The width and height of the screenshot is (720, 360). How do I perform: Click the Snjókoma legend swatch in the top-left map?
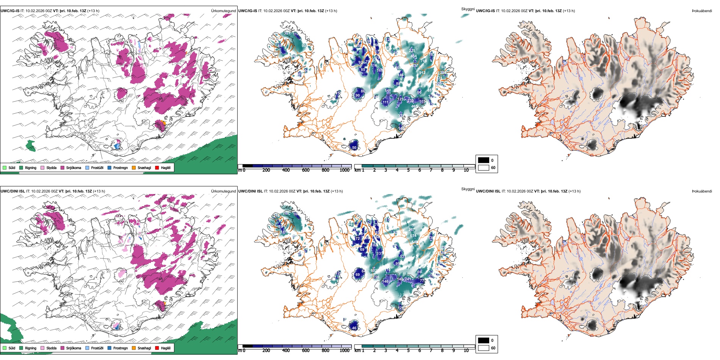63,167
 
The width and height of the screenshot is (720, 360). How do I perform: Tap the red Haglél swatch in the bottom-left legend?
157,348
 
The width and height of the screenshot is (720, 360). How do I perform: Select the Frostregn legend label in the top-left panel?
120,167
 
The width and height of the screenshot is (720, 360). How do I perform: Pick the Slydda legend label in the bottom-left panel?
51,348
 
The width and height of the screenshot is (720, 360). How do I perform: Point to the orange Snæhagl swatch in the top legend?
134,167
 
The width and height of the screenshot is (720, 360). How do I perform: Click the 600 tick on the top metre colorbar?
306,170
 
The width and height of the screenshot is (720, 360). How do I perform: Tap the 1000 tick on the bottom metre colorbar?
344,351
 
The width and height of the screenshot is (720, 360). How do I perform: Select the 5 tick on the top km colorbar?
409,170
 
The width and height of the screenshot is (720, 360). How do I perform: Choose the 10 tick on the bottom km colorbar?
466,351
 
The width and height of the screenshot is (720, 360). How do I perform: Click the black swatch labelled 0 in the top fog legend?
484,160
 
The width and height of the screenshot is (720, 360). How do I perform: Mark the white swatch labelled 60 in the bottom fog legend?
484,348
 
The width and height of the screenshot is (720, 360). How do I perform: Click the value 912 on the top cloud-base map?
422,73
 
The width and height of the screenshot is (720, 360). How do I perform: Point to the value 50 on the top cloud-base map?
354,148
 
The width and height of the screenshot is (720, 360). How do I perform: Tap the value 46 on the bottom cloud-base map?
354,328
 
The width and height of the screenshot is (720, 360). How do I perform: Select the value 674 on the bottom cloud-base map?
413,236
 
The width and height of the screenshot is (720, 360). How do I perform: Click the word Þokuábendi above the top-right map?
702,11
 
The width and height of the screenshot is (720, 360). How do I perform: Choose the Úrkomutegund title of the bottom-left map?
223,191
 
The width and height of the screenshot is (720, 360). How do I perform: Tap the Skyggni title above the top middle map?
468,9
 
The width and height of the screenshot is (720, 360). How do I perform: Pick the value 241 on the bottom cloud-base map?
408,279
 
